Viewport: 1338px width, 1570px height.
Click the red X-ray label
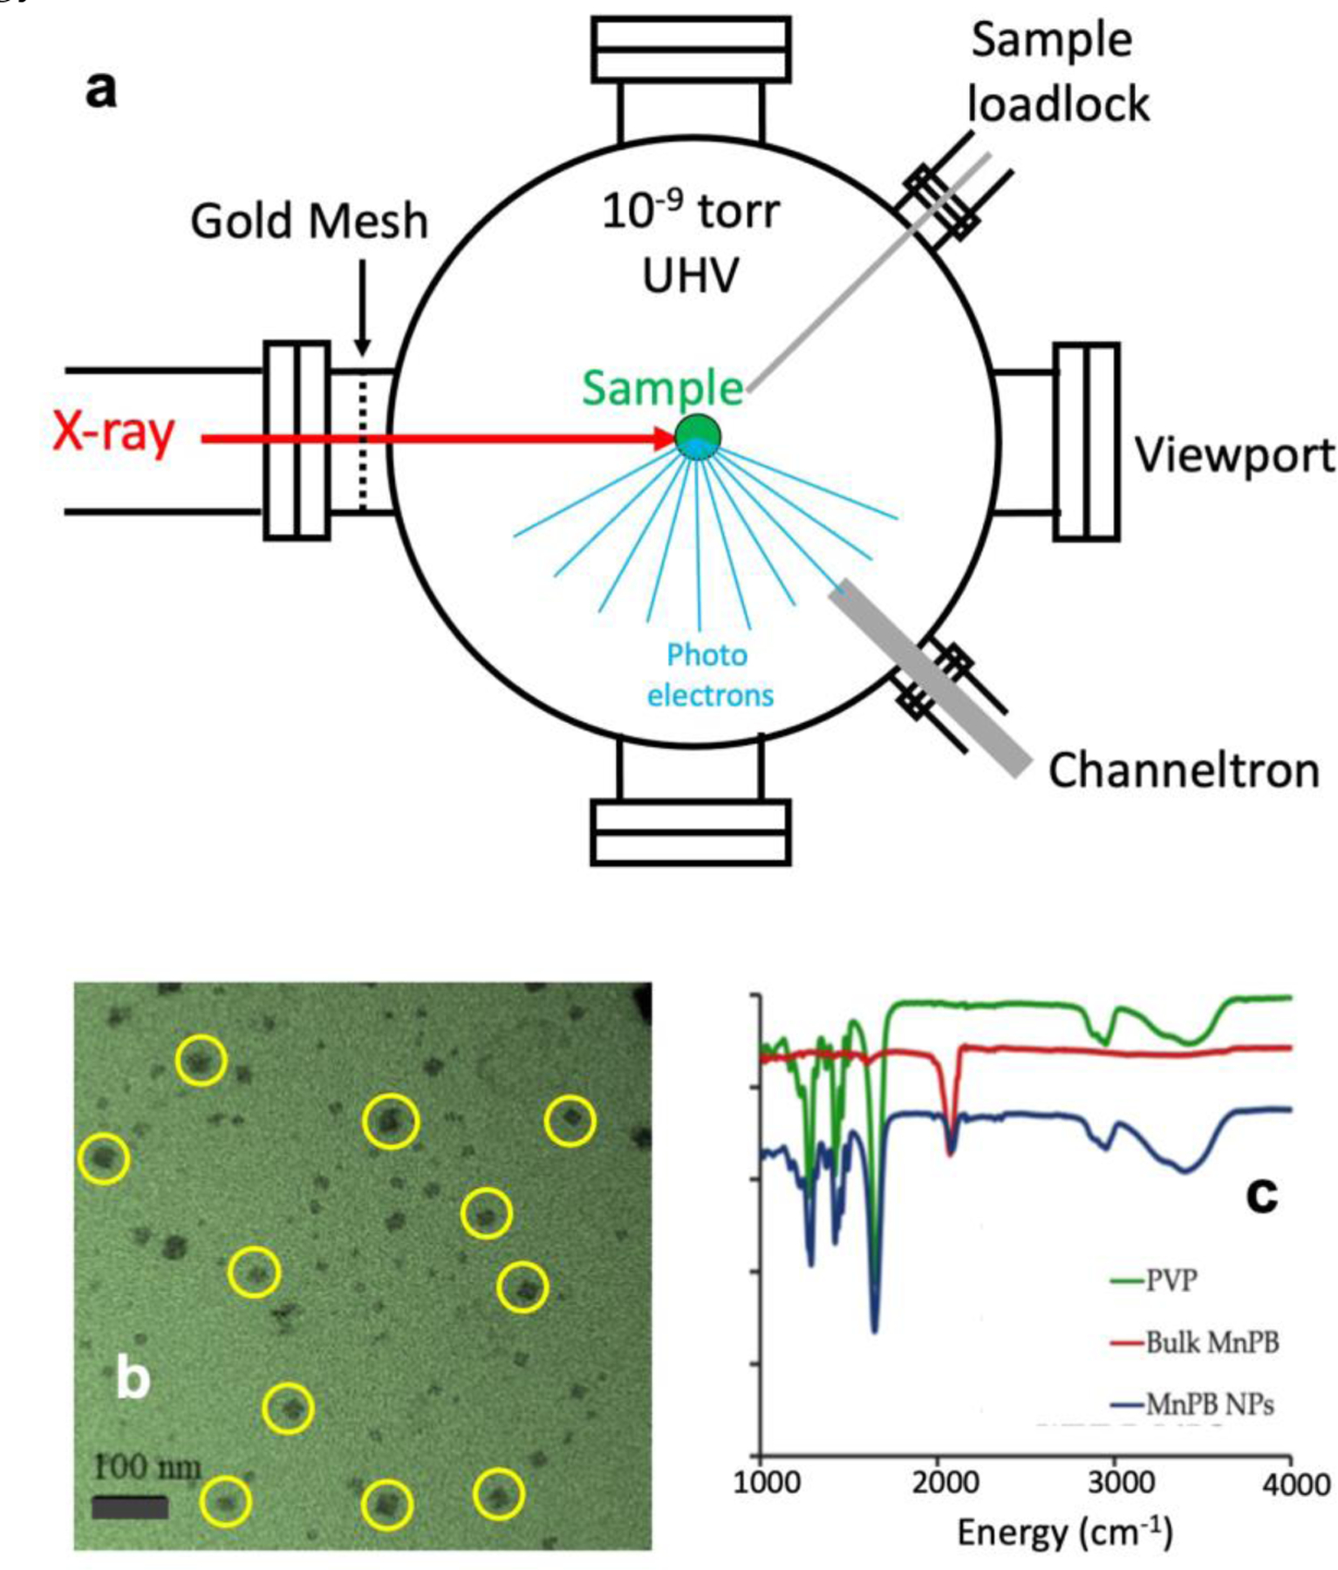[x=113, y=433]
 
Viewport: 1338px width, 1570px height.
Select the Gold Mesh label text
[x=309, y=221]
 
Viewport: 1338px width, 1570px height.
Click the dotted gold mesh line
[x=363, y=440]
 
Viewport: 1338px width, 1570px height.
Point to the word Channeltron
[x=1183, y=771]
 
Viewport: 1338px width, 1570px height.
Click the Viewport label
[x=1233, y=455]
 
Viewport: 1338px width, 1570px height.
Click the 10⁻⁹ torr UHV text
[x=691, y=242]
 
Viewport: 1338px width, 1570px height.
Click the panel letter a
[x=101, y=89]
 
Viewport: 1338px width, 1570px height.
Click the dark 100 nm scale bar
[x=130, y=1507]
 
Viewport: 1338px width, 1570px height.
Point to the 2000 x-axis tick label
[x=944, y=1483]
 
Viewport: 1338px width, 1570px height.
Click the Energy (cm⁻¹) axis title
[x=1064, y=1532]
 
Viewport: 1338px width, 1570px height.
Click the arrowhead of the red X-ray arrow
[x=665, y=437]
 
